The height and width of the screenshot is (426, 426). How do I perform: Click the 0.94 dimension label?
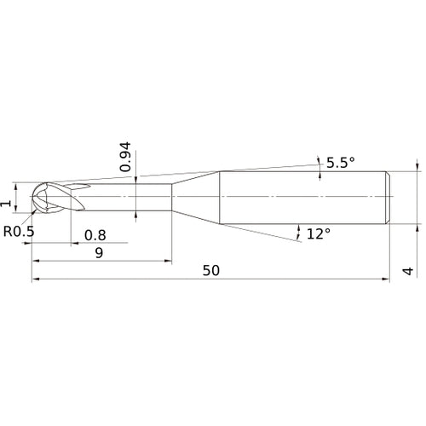(x=125, y=158)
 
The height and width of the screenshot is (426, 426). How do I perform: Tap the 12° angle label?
(x=318, y=233)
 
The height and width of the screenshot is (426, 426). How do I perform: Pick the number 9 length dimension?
(x=100, y=252)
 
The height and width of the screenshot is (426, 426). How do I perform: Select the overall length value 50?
(x=211, y=270)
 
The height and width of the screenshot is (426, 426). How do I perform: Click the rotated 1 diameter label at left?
(x=8, y=202)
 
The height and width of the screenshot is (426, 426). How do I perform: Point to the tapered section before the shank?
(x=195, y=198)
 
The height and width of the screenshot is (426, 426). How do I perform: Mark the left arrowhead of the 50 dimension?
(x=36, y=279)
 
